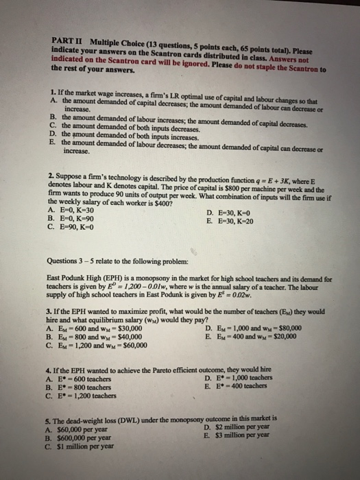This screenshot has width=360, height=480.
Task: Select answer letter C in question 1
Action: (x=53, y=128)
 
